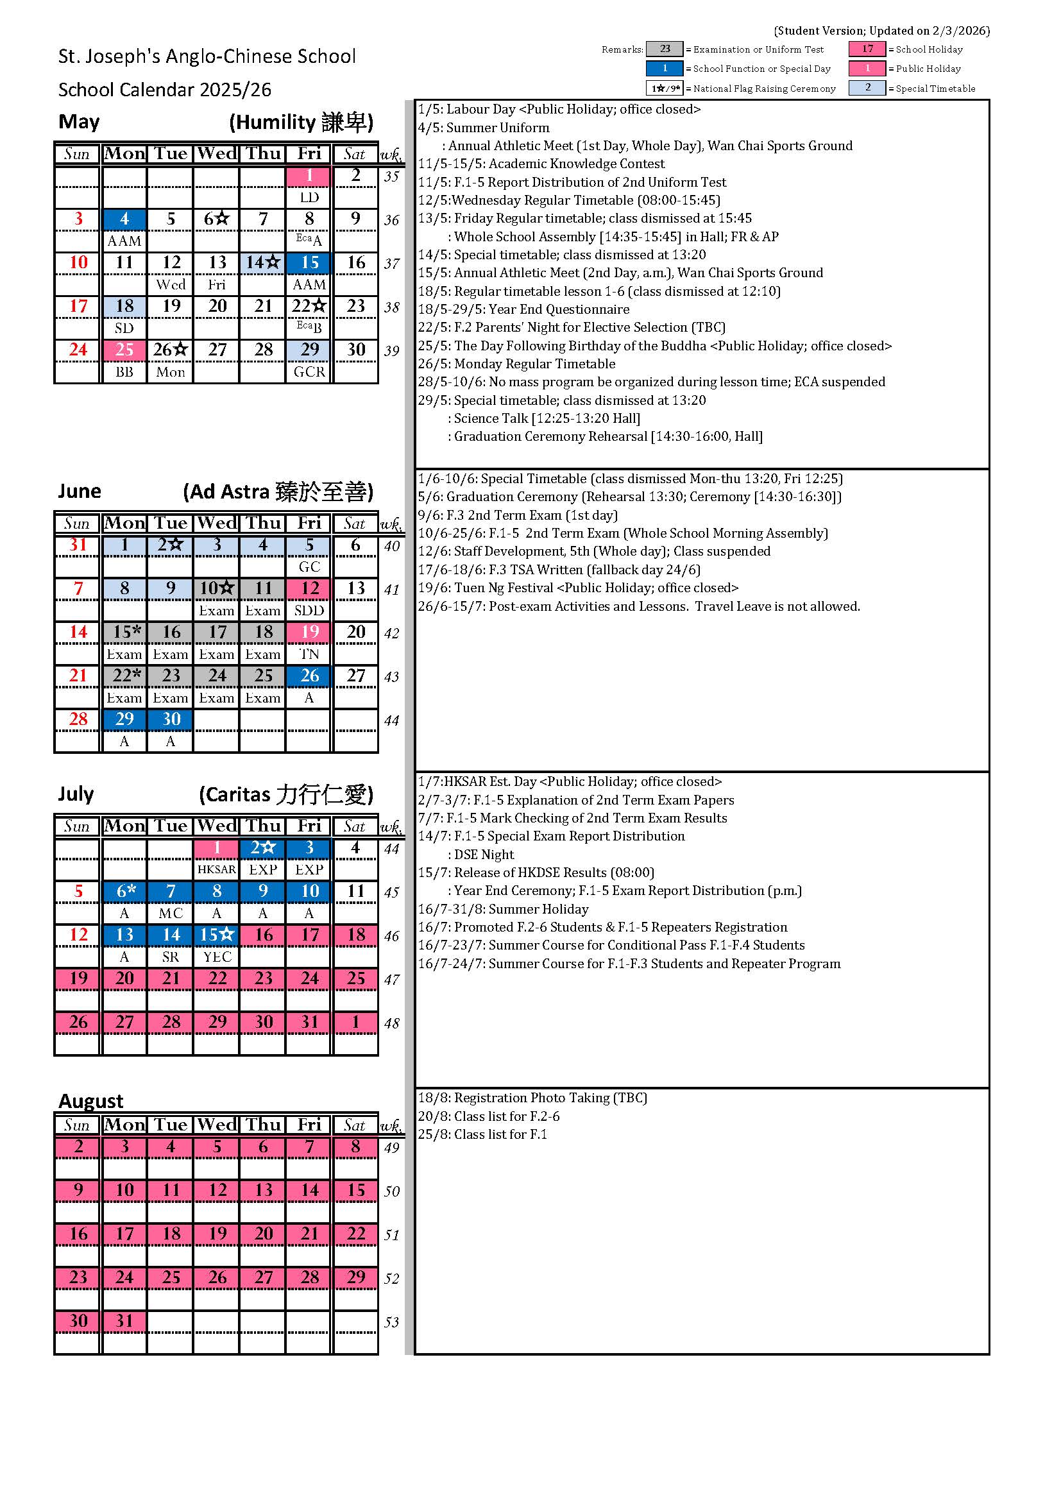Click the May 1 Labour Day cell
coord(309,176)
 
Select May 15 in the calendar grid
coord(309,262)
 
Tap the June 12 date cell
coord(309,588)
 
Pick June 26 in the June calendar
coord(309,676)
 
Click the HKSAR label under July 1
coord(217,869)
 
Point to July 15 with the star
coord(217,935)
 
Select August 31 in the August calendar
coord(124,1321)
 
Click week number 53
coord(391,1322)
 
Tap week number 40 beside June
coord(391,546)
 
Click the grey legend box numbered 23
coord(665,49)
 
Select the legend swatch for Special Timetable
coord(867,87)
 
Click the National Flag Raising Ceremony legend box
coord(665,88)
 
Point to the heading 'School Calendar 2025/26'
coord(165,90)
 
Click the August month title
coord(91,1101)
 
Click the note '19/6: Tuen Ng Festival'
coord(577,588)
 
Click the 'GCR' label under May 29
coord(309,371)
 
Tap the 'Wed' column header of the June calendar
coord(217,524)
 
